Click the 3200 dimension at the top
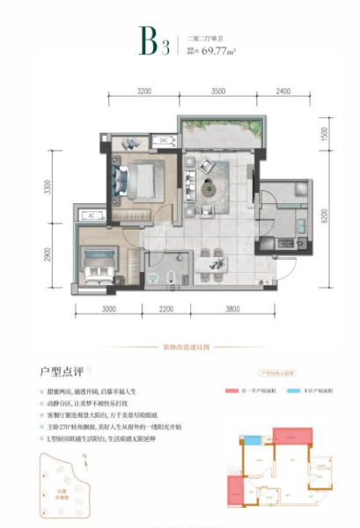pyautogui.click(x=144, y=90)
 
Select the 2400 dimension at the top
pyautogui.click(x=283, y=90)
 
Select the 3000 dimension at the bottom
pyautogui.click(x=108, y=311)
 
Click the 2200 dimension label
pyautogui.click(x=169, y=311)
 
